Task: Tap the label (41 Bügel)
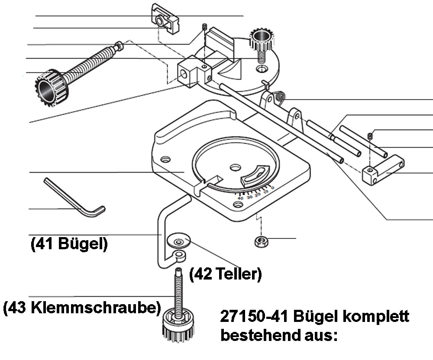point(69,244)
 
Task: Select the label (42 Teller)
point(226,273)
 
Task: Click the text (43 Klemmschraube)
point(81,308)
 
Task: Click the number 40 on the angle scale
point(240,198)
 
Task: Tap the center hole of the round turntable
point(236,166)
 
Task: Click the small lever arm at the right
point(383,170)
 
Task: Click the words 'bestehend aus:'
point(279,335)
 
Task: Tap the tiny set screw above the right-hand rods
point(370,136)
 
